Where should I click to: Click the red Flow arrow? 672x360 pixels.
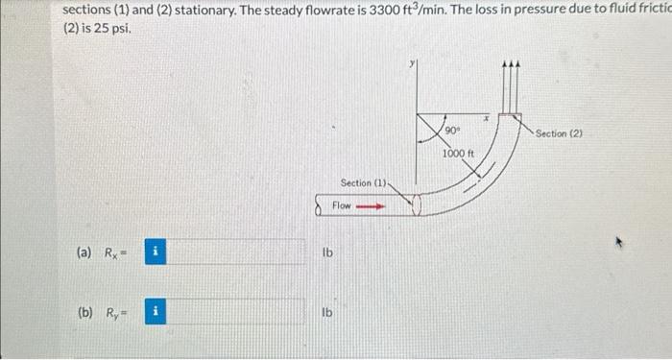tap(371, 205)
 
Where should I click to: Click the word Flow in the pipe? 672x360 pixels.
tap(342, 205)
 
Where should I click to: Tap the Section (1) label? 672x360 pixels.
tap(363, 182)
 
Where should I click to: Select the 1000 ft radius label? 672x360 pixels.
tap(459, 154)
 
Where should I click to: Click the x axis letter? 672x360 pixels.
tap(487, 116)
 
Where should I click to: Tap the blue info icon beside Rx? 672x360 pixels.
tap(156, 253)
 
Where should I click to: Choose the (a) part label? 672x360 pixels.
tap(84, 253)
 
